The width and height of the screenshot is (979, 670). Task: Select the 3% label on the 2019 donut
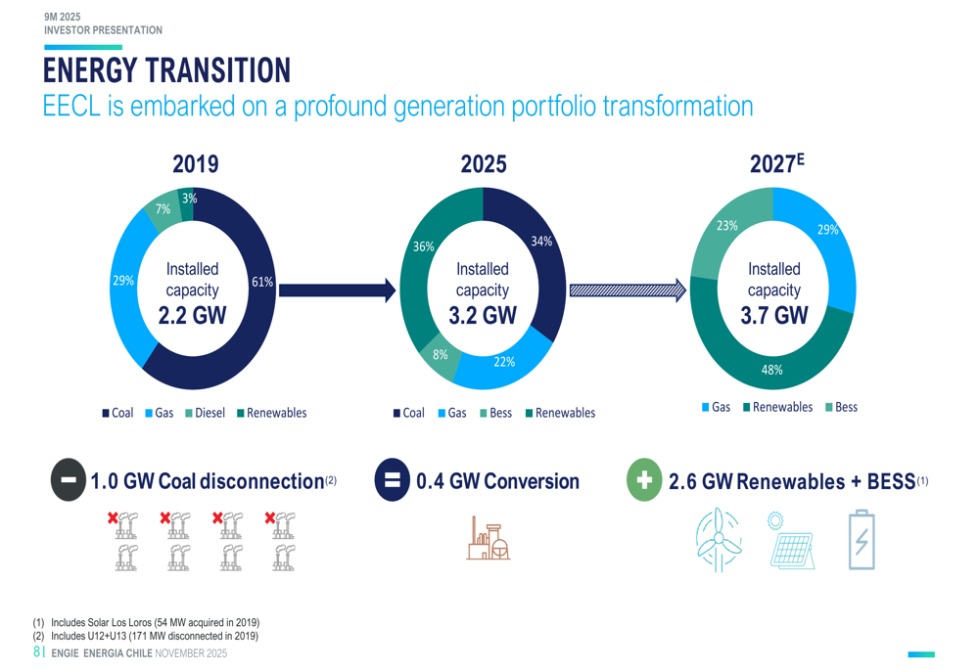[x=189, y=199]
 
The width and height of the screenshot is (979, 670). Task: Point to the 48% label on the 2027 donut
[x=772, y=370]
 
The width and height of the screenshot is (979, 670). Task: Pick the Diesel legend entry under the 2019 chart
[x=205, y=413]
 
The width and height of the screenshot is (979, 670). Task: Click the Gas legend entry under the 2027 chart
[x=716, y=407]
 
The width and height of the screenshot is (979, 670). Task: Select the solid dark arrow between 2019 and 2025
[x=337, y=290]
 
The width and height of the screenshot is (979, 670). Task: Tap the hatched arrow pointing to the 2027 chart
[x=628, y=290]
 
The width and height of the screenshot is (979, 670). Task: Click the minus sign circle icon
[x=69, y=480]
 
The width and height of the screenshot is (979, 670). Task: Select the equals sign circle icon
[x=392, y=480]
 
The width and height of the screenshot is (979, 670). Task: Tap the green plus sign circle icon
[x=644, y=481]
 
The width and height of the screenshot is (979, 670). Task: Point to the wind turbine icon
[x=718, y=539]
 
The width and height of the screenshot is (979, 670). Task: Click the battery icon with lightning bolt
[x=862, y=539]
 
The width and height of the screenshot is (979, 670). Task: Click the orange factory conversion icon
[x=489, y=538]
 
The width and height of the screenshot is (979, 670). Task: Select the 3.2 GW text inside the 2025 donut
[x=483, y=315]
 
